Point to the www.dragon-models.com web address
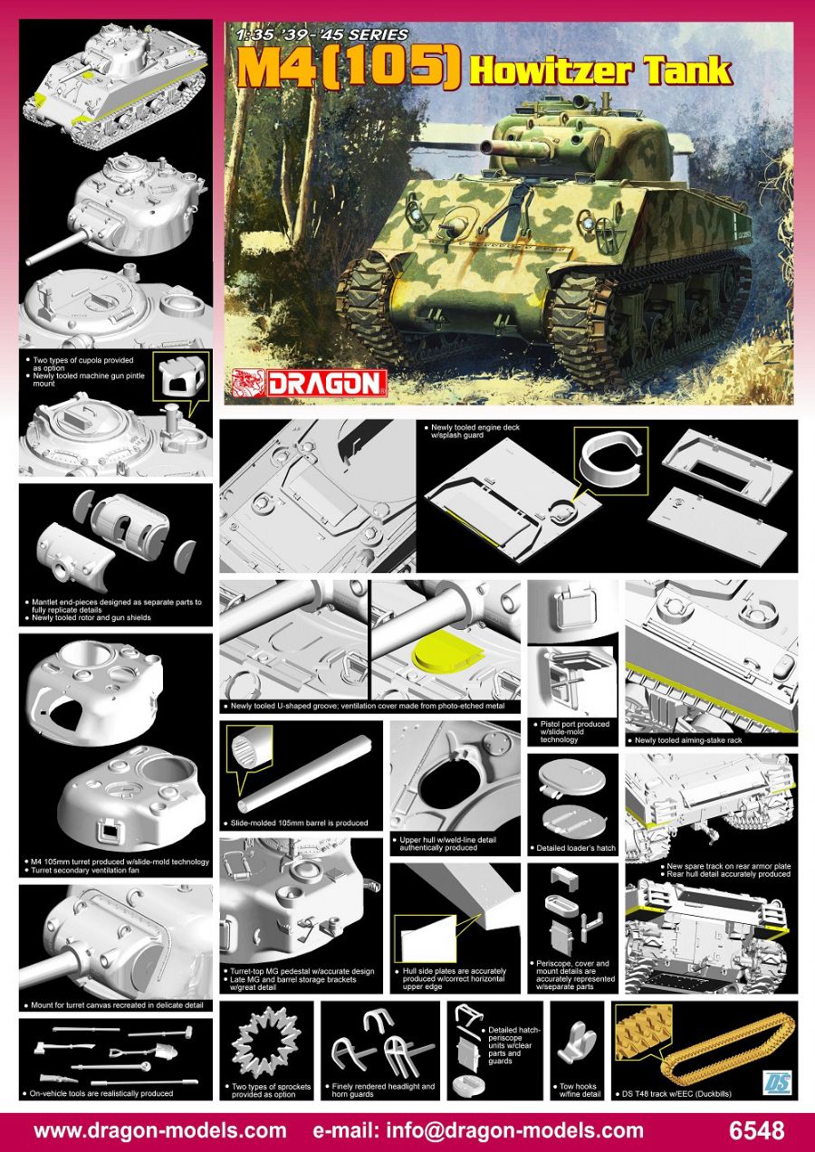tap(160, 1130)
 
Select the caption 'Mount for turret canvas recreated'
tap(111, 1004)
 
